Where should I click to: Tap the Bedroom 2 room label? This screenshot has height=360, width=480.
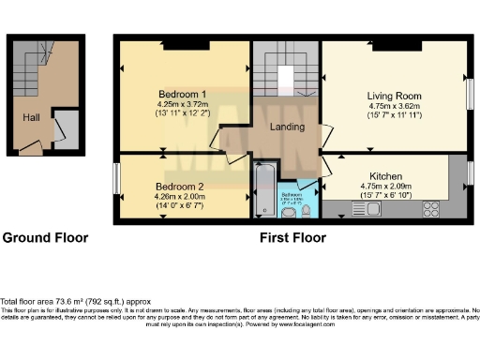(181, 186)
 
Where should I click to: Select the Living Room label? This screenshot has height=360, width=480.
(394, 96)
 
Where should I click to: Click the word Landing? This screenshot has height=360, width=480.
(285, 127)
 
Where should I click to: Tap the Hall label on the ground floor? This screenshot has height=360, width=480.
(32, 117)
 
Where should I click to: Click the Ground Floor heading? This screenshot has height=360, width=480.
(45, 238)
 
